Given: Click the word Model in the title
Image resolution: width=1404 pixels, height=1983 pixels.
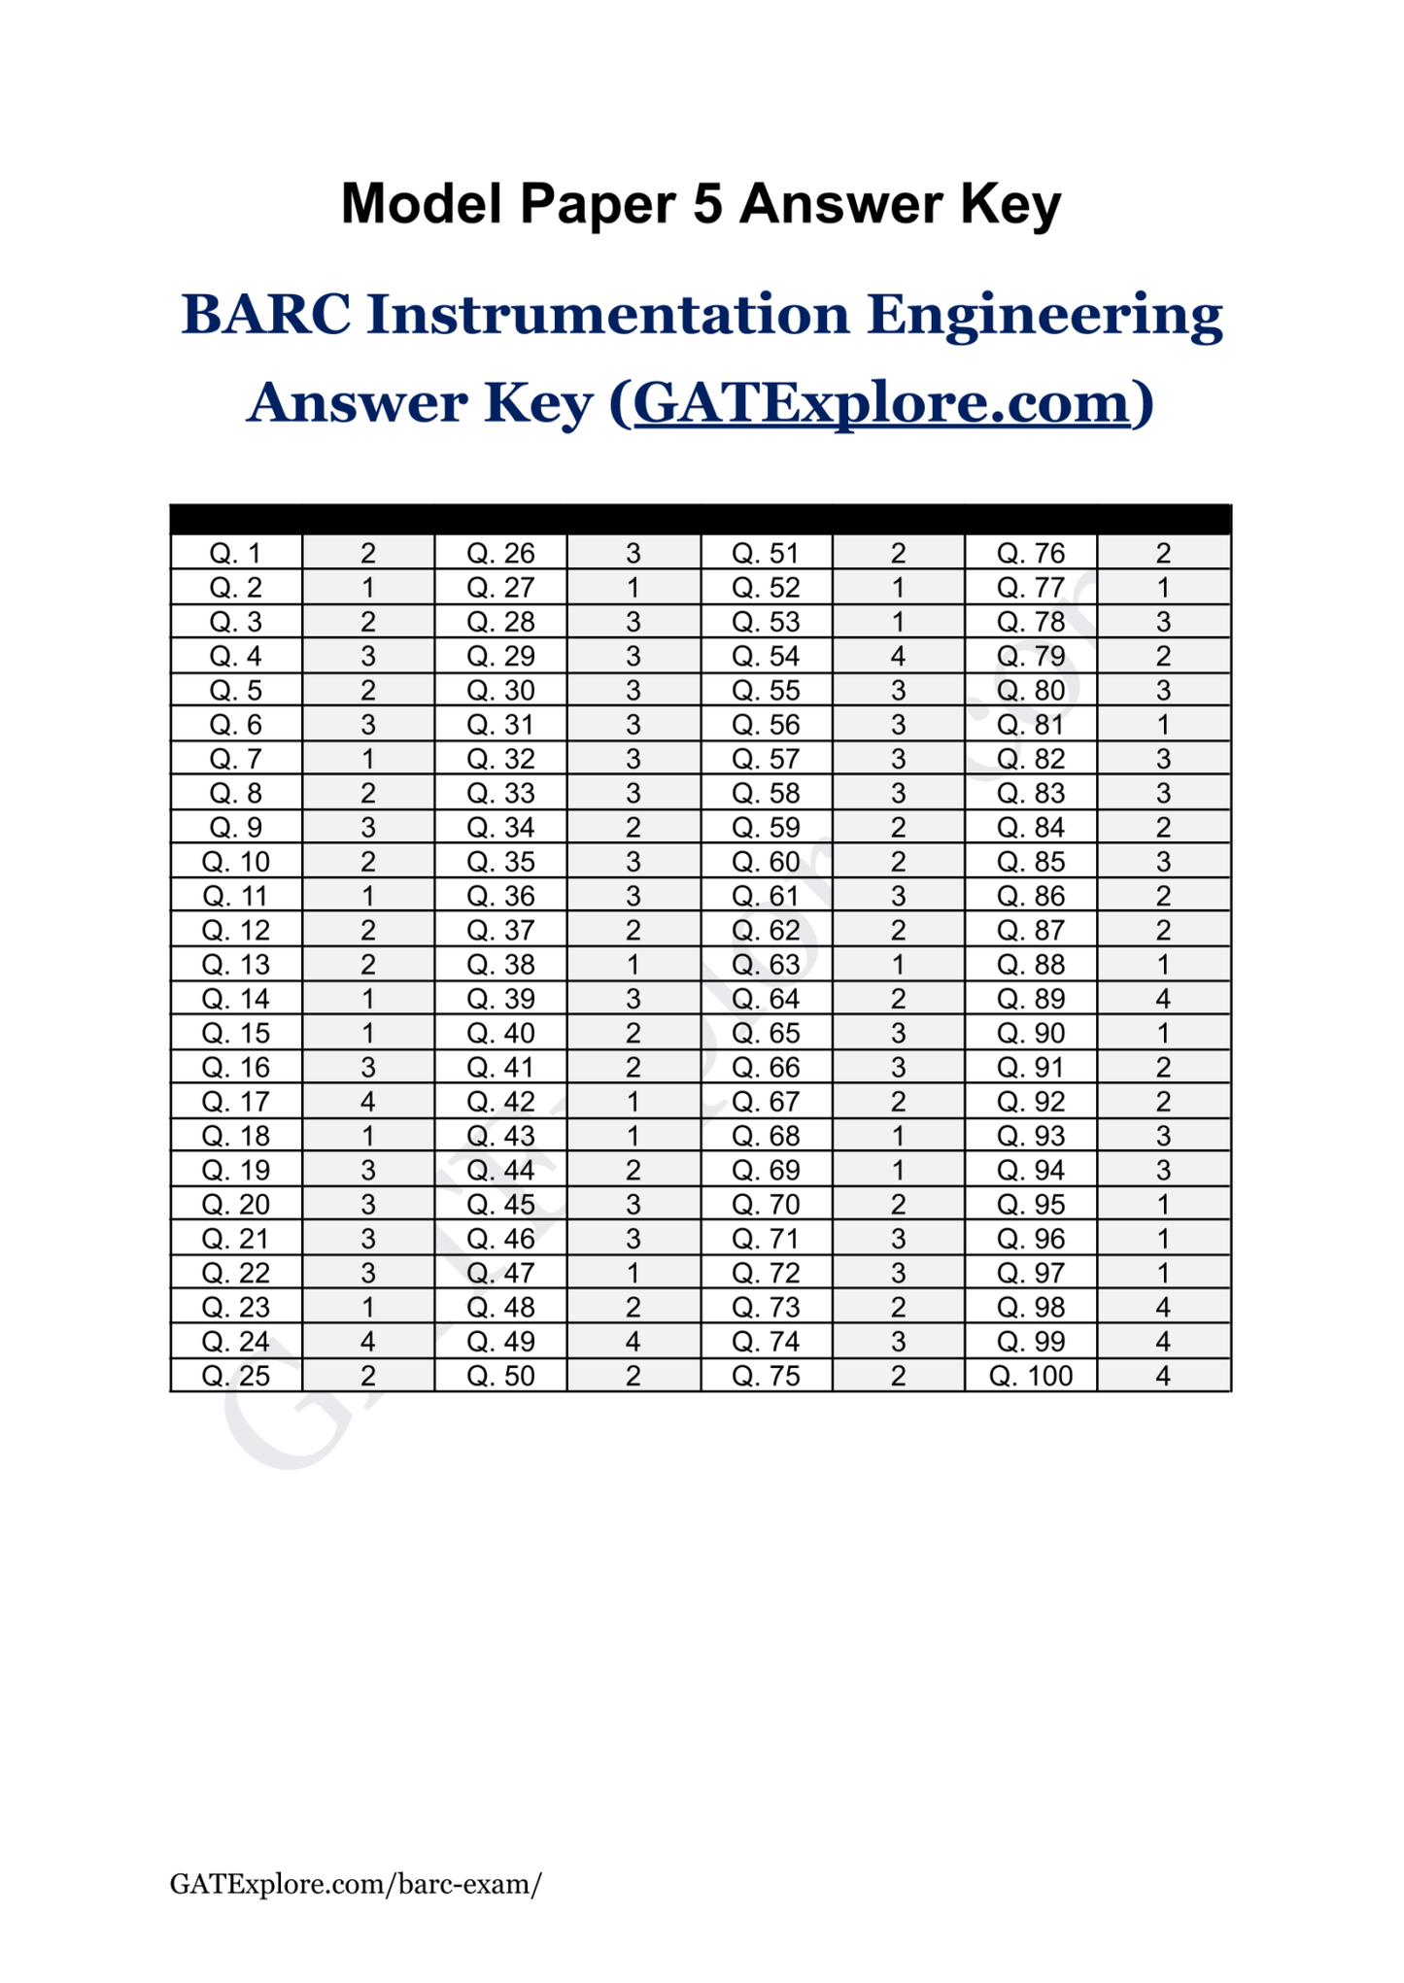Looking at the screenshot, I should (x=422, y=204).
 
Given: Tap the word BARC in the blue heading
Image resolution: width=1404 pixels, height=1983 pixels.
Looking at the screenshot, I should (x=265, y=315).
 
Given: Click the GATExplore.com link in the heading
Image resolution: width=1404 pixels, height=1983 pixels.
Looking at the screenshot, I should (x=881, y=402).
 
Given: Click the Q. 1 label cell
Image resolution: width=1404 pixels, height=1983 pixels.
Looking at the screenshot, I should (x=236, y=554).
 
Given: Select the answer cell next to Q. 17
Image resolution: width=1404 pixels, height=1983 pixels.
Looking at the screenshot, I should (x=368, y=1102).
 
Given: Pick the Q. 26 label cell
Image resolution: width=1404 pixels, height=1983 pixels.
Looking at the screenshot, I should (x=500, y=554).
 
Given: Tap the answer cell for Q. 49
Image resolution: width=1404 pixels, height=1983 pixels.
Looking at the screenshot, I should (x=633, y=1342).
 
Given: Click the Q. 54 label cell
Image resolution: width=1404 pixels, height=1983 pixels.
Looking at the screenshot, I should (x=766, y=657).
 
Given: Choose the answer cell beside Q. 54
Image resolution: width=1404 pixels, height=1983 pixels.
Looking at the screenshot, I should (x=898, y=657).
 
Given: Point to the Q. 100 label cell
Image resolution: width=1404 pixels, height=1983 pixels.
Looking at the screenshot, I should (x=1031, y=1376).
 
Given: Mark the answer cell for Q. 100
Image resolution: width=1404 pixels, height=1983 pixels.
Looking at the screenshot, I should (x=1163, y=1376).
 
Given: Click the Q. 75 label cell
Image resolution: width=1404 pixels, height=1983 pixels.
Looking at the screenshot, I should (x=766, y=1376).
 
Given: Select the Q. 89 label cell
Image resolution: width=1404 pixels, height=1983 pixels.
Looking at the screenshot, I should (x=1031, y=999).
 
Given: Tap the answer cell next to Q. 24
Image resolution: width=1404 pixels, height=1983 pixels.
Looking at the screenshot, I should (x=368, y=1342).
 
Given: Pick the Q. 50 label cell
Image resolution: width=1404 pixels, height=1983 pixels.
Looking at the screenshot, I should (x=500, y=1376).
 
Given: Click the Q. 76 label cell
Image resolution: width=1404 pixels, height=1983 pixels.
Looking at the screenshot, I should (x=1031, y=554).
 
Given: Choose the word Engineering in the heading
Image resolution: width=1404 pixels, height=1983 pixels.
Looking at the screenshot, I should (x=1044, y=315).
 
